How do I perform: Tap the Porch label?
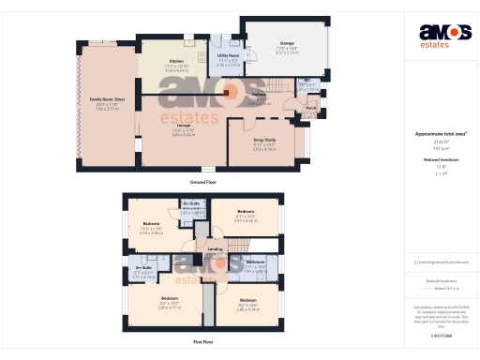coord(310,108)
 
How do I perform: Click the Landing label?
coord(215,248)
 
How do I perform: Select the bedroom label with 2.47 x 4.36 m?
coord(246,213)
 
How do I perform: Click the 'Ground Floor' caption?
coord(204,181)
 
